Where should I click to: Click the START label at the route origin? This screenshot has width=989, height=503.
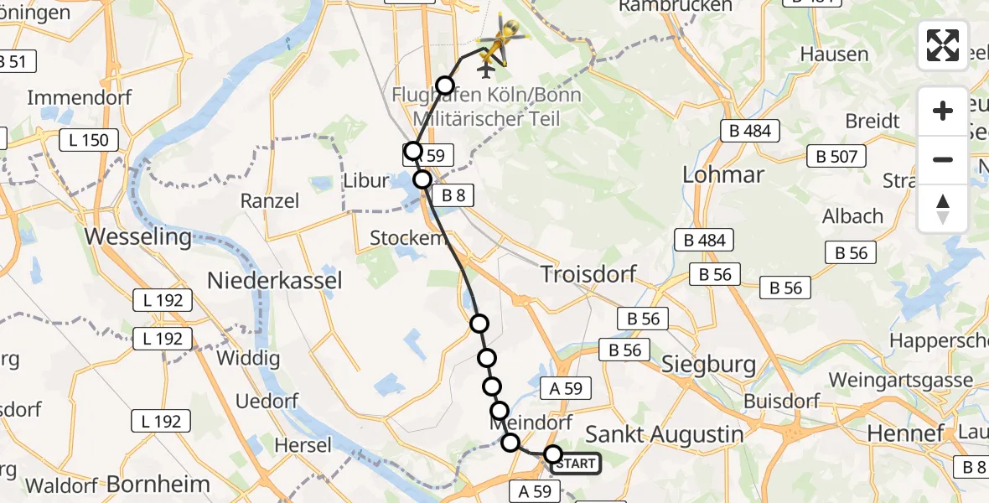[576, 464]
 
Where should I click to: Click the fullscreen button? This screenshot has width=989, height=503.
[943, 45]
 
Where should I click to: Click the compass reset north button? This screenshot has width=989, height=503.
[943, 209]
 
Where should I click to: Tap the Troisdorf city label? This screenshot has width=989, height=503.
[588, 274]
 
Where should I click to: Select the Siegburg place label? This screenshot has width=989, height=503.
[708, 365]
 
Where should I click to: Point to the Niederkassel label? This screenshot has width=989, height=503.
[275, 280]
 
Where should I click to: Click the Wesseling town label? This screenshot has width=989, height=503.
[138, 236]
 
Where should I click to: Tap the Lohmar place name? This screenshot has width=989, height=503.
[723, 174]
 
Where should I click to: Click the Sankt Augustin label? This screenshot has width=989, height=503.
[664, 433]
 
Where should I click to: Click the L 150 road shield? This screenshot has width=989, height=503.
[89, 140]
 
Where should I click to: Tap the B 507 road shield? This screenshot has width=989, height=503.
[835, 156]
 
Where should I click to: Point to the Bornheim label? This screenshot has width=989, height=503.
[158, 484]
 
